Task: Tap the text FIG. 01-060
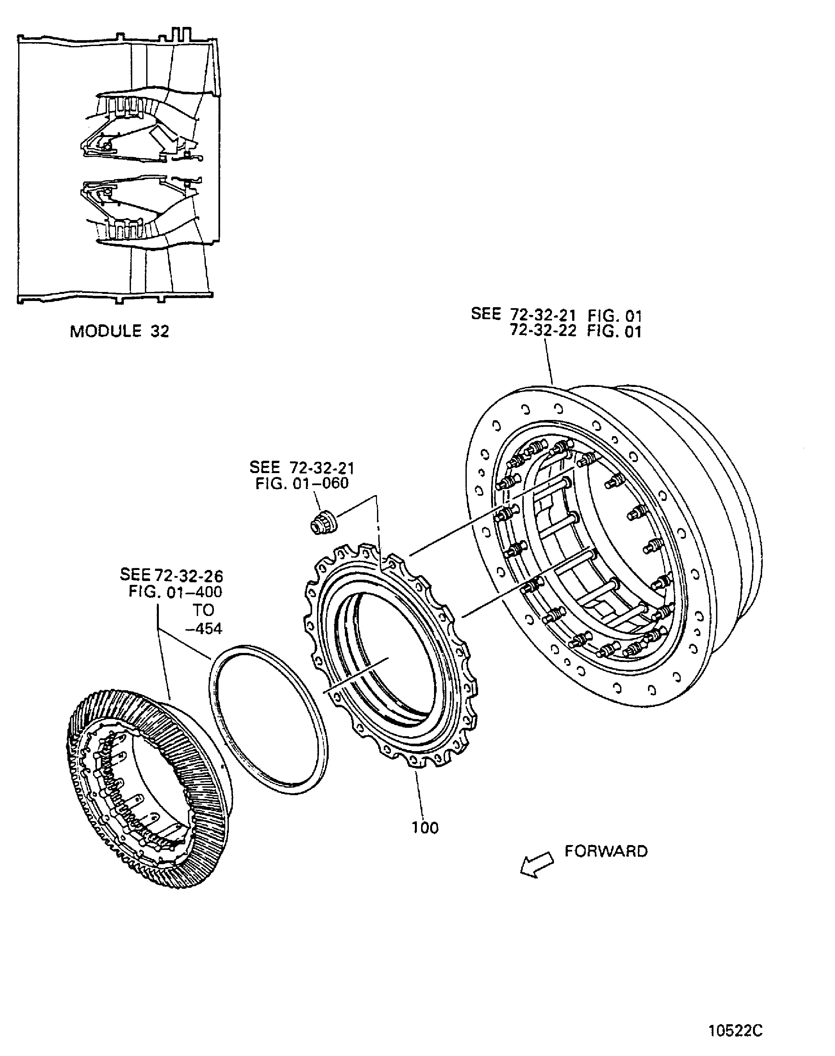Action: tap(302, 483)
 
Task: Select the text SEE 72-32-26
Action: tap(171, 575)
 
